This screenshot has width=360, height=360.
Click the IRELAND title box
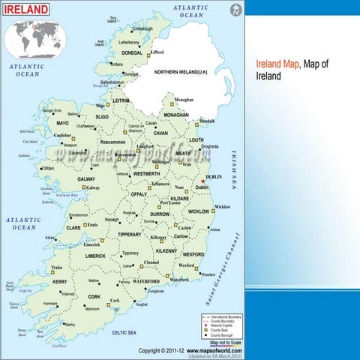(x=27, y=10)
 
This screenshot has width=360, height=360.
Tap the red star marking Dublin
(x=202, y=180)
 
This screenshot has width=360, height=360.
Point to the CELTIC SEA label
(x=124, y=331)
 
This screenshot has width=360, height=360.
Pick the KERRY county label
(x=60, y=281)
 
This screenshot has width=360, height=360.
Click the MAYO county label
(x=62, y=123)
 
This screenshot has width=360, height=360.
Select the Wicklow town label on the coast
(x=223, y=206)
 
